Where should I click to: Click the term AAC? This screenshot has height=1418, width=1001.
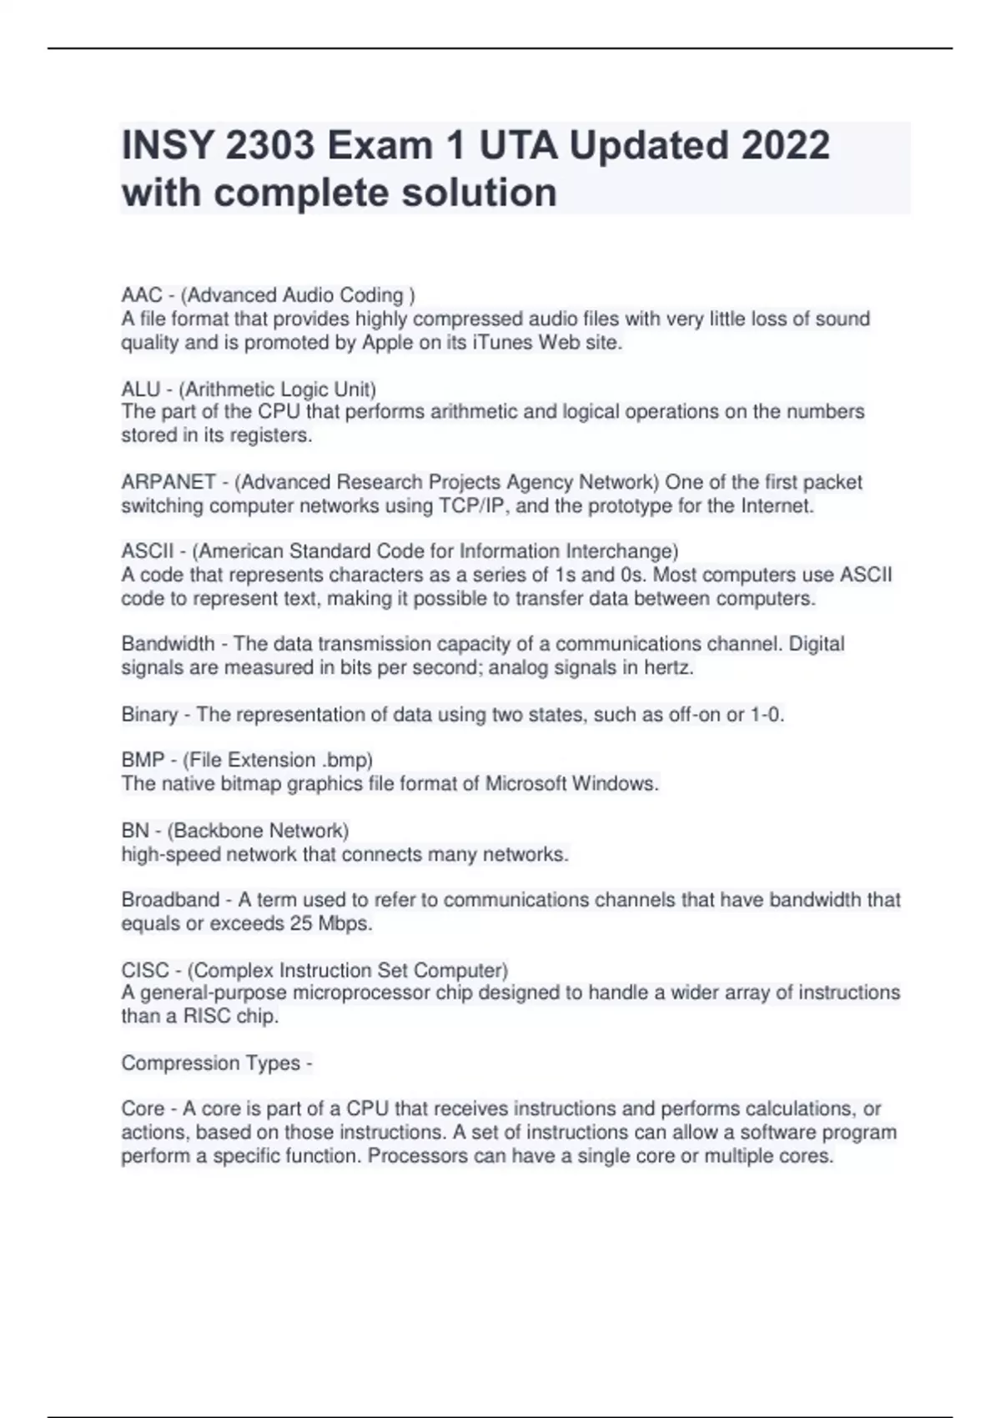click(x=141, y=295)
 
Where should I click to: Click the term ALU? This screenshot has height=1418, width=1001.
click(x=140, y=389)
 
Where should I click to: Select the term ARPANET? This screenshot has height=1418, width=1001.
click(x=169, y=482)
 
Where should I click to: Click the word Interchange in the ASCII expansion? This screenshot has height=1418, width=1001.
click(x=620, y=551)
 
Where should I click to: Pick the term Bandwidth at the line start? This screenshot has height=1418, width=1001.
click(x=168, y=644)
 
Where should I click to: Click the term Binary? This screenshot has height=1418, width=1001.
click(x=149, y=715)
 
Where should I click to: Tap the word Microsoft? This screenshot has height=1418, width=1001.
click(x=526, y=783)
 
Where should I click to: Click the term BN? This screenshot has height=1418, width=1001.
click(x=135, y=831)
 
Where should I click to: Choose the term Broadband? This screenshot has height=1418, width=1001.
click(x=170, y=900)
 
